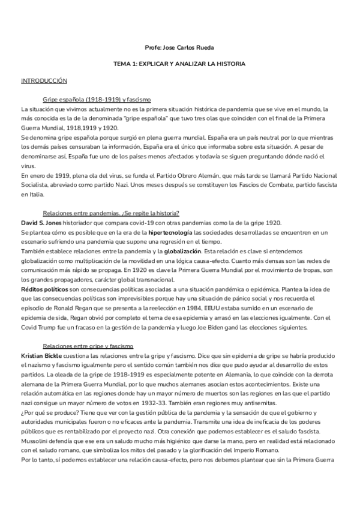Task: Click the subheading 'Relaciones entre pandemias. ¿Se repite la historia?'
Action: pos(111,213)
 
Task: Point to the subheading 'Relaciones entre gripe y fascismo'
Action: pos(88,346)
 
